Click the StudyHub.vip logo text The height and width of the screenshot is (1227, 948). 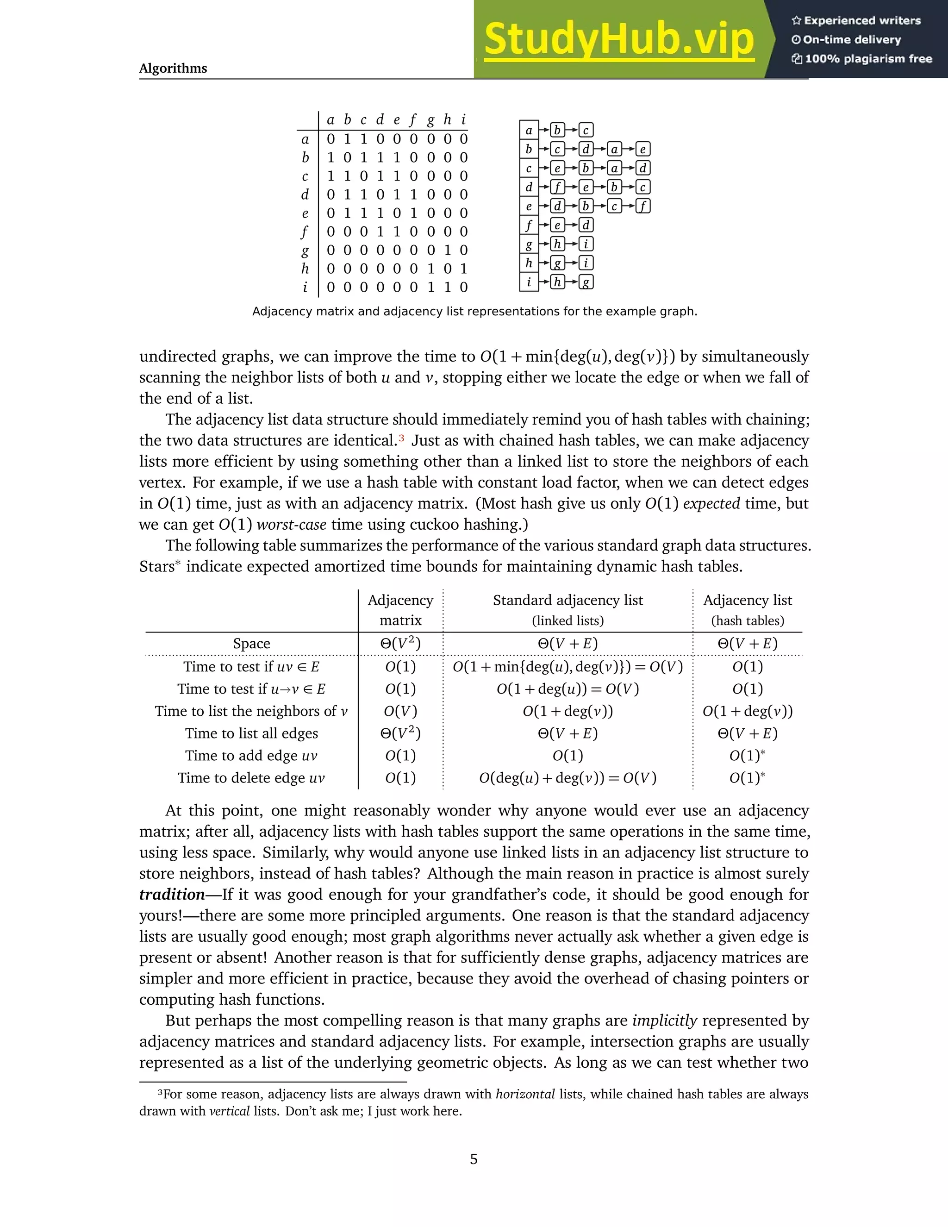coord(618,39)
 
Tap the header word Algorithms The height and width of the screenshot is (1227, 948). coord(173,69)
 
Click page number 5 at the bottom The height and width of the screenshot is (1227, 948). coord(474,1159)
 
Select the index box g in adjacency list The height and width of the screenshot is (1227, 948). coord(529,244)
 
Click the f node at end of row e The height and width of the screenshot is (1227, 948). coord(643,206)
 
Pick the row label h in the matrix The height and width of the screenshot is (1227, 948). coord(305,269)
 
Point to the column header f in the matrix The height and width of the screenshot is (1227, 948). coord(413,119)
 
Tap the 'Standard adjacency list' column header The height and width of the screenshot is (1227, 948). coord(568,601)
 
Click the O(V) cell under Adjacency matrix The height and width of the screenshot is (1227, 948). coord(400,711)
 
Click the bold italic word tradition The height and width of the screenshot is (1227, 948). coord(172,895)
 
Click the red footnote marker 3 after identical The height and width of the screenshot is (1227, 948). coord(401,438)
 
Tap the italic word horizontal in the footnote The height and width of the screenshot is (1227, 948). coord(525,1095)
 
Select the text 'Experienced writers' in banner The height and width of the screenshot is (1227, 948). coord(862,21)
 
